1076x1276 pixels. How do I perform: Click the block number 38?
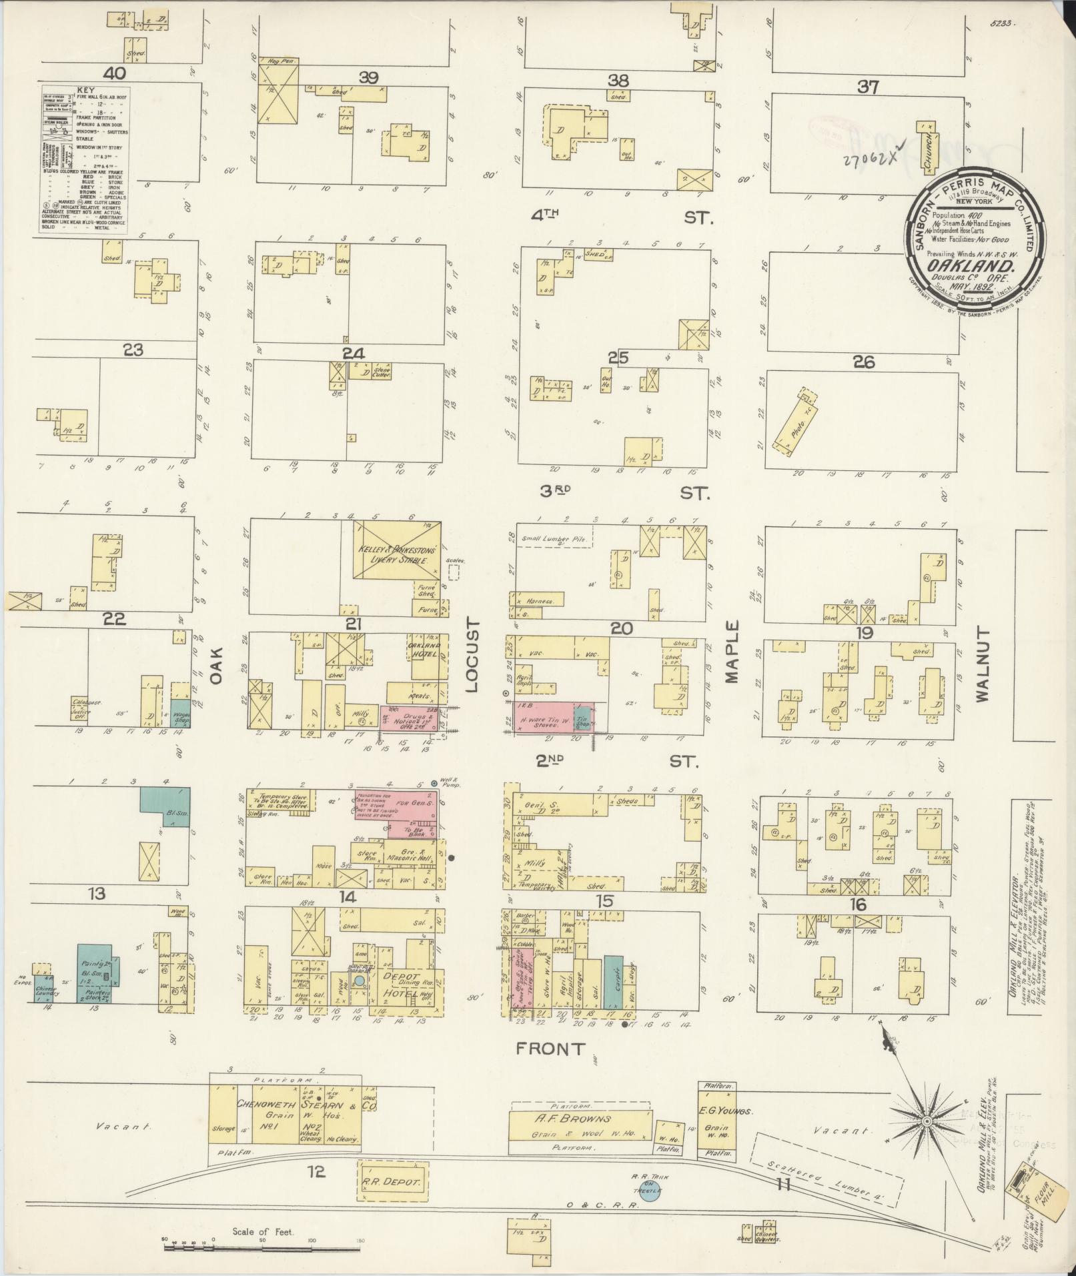[x=618, y=81]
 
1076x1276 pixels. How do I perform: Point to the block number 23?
[x=133, y=350]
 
